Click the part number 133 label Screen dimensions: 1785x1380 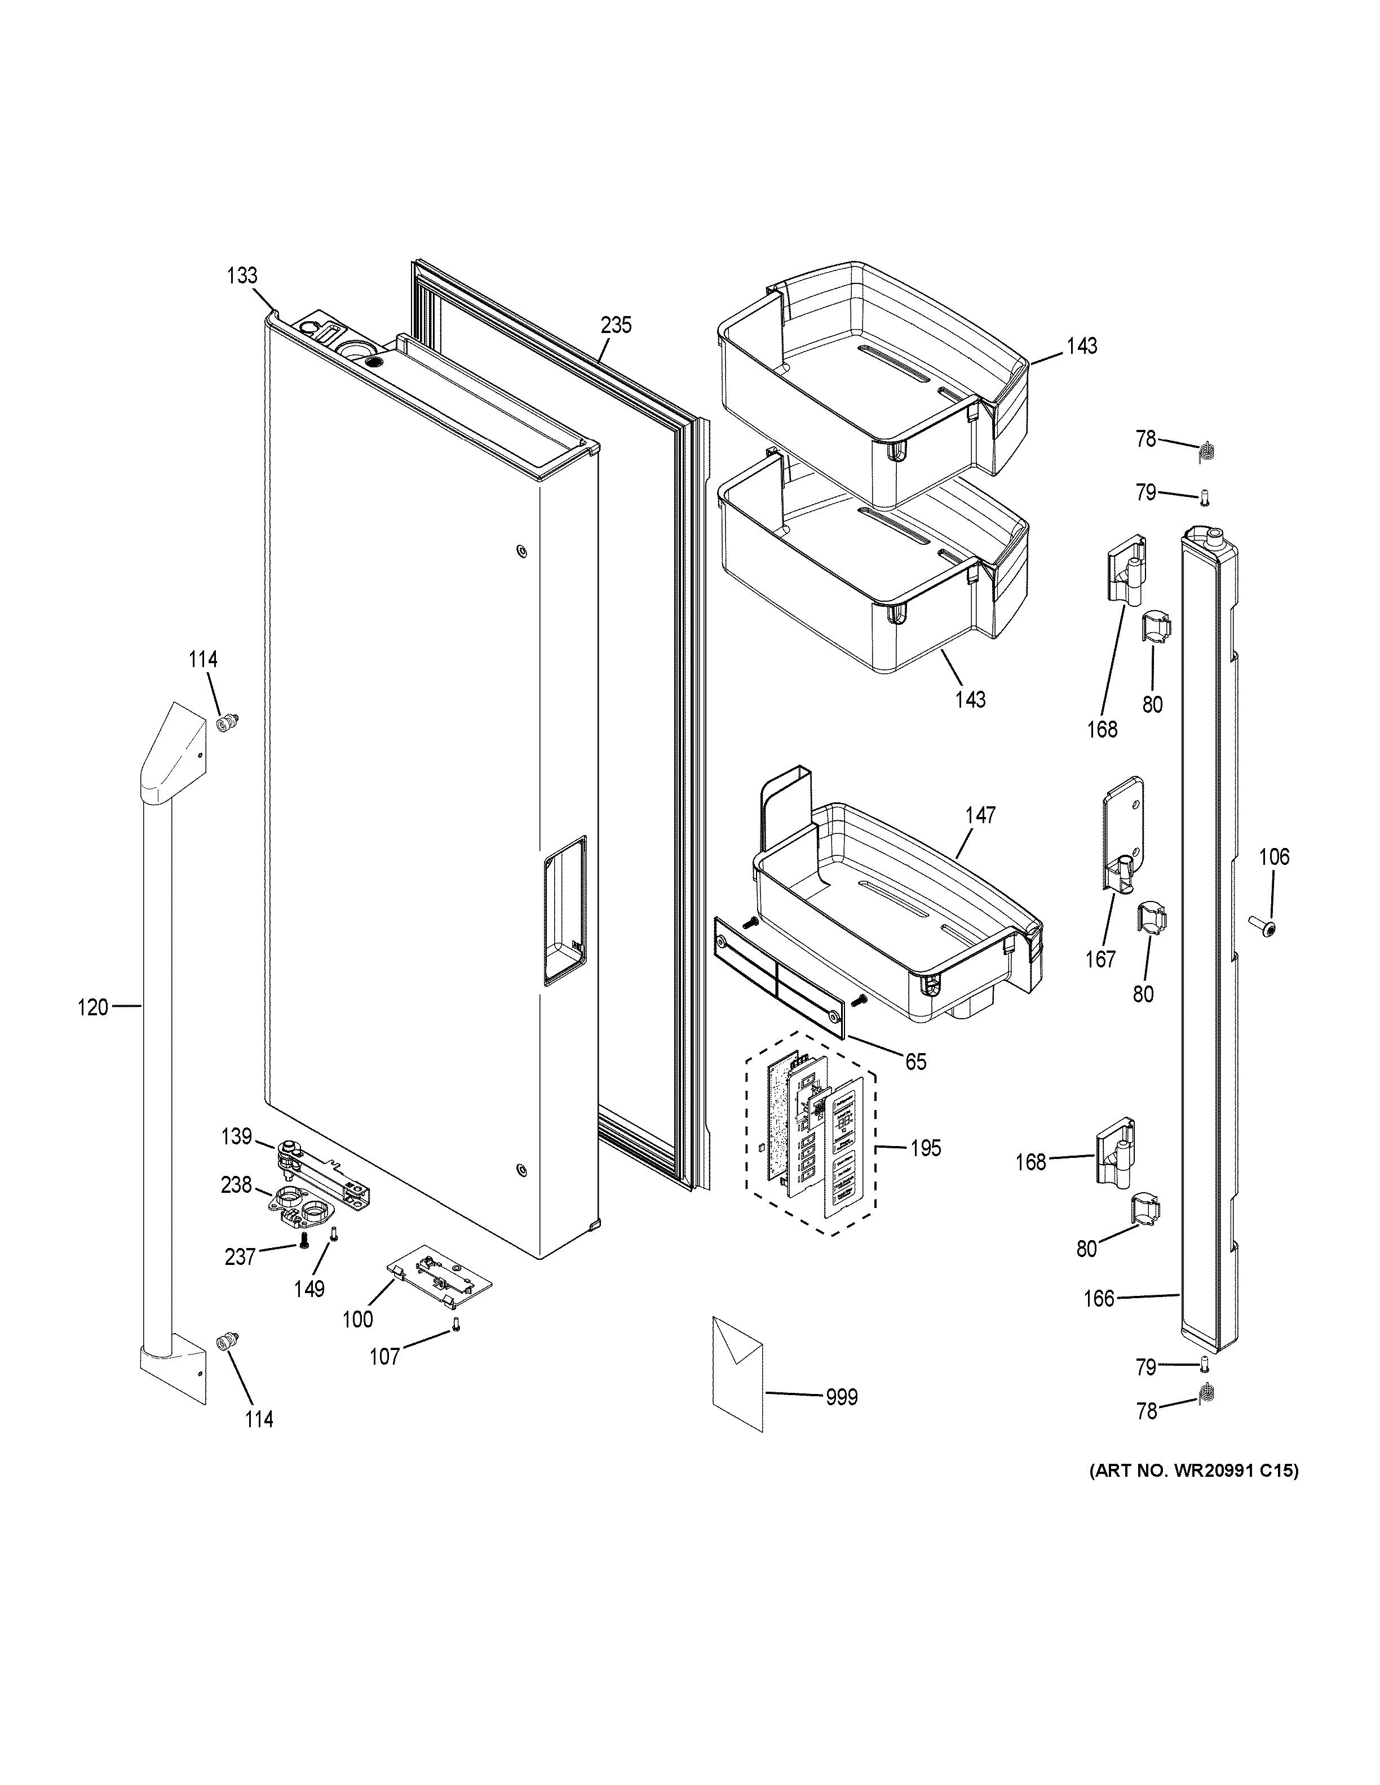click(242, 276)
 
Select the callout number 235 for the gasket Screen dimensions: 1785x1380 click(616, 325)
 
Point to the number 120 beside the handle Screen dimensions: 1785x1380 click(92, 1008)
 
